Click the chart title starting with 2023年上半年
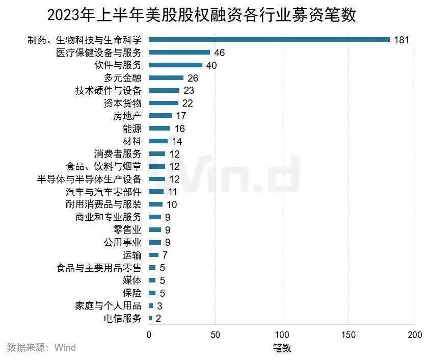tap(201, 15)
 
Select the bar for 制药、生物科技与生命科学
tap(269, 40)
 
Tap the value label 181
tap(402, 40)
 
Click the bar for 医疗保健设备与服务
tap(179, 53)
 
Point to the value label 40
tap(211, 65)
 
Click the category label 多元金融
tap(122, 78)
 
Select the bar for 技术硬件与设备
tap(164, 91)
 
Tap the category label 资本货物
tap(122, 103)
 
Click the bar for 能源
tap(159, 128)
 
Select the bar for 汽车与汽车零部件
tap(156, 192)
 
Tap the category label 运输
tap(132, 255)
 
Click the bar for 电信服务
tap(150, 318)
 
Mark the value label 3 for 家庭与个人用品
tap(159, 306)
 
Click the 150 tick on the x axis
tap(348, 335)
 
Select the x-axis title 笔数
tap(281, 348)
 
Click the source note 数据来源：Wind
tap(41, 348)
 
